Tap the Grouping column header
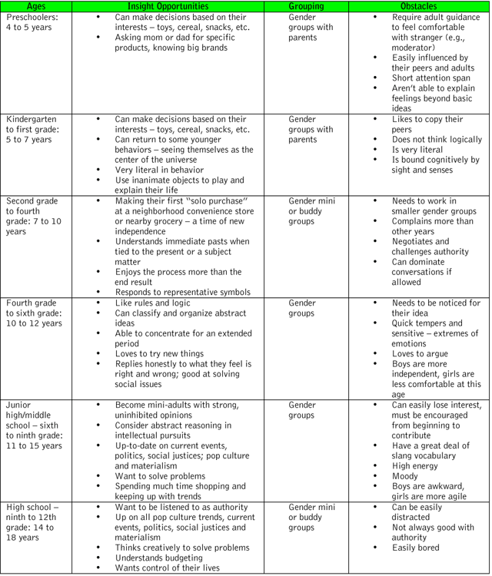pyautogui.click(x=306, y=6)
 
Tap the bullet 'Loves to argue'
pyautogui.click(x=424, y=354)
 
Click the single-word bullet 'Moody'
pyautogui.click(x=406, y=475)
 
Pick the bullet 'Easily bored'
pyautogui.click(x=420, y=548)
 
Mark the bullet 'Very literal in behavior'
pyautogui.click(x=159, y=169)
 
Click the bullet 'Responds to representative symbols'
pyautogui.click(x=183, y=292)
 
